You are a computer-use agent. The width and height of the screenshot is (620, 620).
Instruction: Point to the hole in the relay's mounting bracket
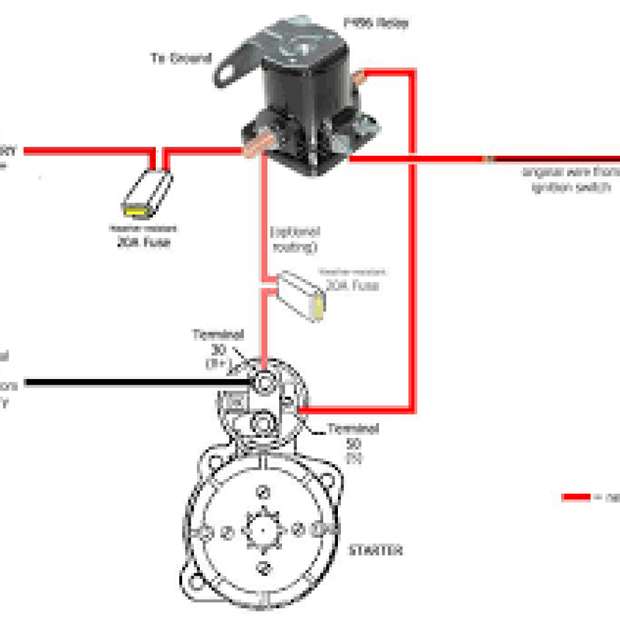(229, 71)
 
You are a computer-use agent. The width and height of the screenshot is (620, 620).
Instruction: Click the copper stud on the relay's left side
(255, 146)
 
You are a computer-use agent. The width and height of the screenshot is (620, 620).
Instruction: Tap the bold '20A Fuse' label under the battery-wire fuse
(147, 242)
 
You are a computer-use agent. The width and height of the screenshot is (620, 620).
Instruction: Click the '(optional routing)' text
(294, 238)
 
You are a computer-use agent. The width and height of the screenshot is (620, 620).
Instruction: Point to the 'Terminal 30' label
(218, 342)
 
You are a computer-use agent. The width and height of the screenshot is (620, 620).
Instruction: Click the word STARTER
(375, 550)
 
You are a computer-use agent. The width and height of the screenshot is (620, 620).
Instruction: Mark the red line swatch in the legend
(576, 497)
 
